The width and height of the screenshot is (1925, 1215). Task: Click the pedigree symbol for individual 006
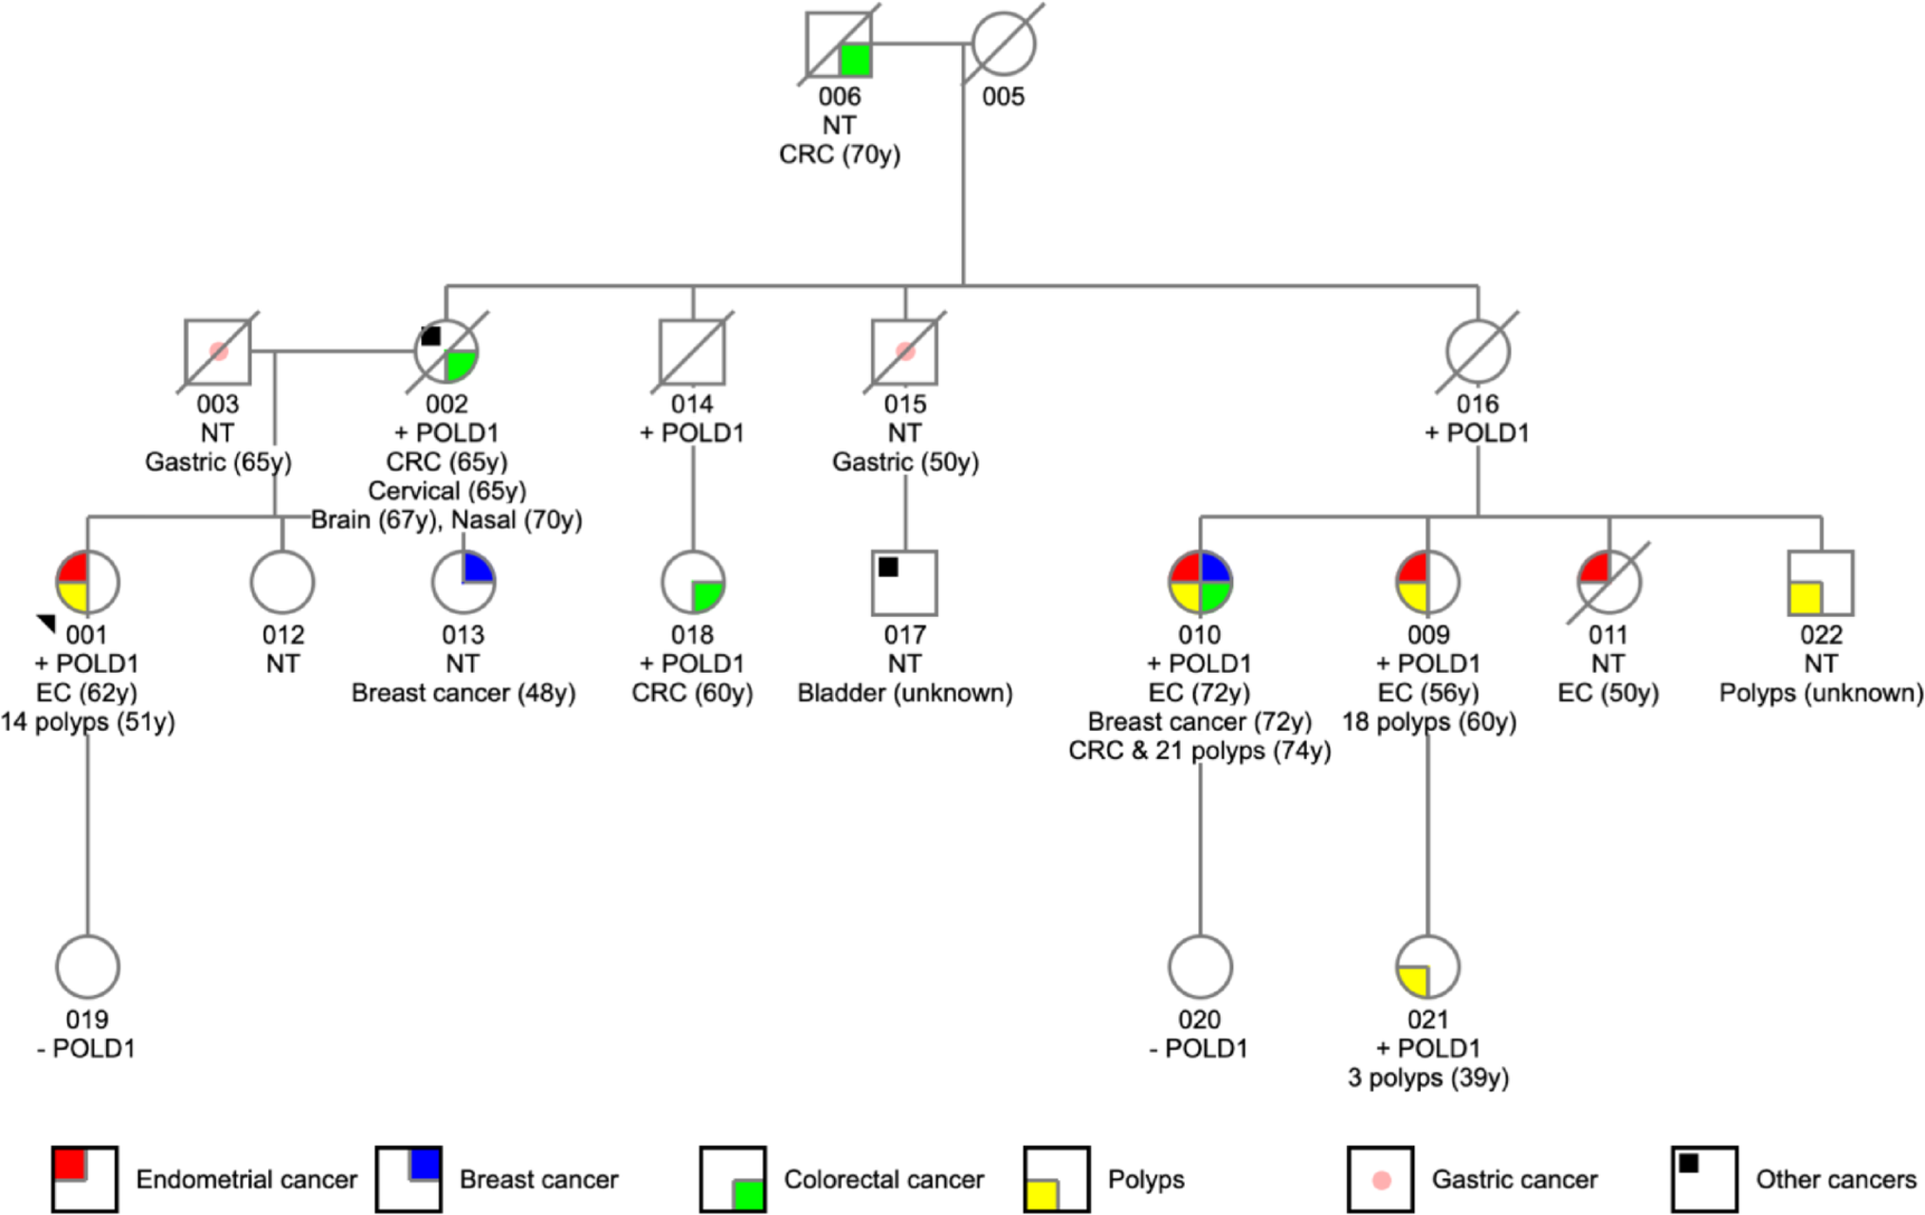[839, 45]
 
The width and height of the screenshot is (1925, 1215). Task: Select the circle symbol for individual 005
[1004, 44]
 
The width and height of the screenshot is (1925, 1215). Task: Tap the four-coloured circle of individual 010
[1200, 582]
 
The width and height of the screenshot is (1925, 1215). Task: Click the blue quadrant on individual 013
[478, 568]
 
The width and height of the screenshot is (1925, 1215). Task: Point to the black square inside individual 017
[888, 567]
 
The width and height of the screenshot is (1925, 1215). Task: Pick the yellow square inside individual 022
[1805, 598]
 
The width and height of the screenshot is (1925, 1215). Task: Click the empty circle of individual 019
[88, 967]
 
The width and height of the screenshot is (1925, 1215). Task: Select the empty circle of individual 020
[1200, 967]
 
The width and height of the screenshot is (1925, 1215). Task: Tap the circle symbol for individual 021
[1427, 967]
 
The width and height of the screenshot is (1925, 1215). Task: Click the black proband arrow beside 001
[46, 623]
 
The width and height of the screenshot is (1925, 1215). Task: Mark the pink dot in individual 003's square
[219, 352]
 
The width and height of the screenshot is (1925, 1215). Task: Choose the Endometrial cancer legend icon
[85, 1180]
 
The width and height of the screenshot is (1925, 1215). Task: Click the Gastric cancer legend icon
[1380, 1180]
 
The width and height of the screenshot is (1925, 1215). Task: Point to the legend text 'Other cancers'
[1836, 1180]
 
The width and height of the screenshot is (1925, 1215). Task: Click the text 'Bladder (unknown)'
[904, 693]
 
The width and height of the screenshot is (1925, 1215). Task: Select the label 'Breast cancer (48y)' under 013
[463, 693]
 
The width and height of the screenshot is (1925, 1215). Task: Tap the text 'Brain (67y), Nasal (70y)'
[446, 520]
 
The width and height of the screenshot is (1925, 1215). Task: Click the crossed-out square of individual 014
[692, 352]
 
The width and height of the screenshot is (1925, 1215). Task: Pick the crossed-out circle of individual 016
[1478, 352]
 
